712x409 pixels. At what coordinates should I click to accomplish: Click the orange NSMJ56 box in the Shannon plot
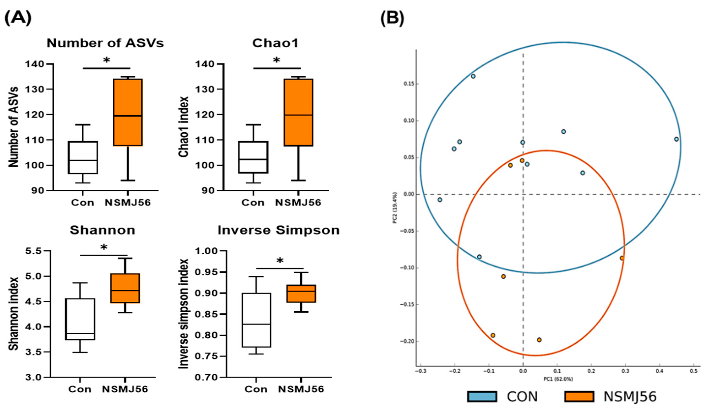coord(125,288)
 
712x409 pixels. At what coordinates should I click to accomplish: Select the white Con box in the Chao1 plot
coord(253,157)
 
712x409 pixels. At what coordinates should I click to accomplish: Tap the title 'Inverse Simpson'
coord(278,230)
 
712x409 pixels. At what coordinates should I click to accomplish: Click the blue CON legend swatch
coord(482,397)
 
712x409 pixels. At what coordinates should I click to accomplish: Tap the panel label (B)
coord(392,18)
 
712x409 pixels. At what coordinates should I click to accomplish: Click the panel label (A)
coord(18,18)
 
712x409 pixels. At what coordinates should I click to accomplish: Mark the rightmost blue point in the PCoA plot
coord(676,139)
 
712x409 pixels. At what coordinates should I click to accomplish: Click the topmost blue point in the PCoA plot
coord(473,76)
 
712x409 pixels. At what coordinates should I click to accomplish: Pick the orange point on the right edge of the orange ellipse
coord(622,258)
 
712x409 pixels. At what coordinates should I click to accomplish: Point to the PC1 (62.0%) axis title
coord(558,379)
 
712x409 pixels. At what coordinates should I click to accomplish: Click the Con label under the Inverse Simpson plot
coord(256,389)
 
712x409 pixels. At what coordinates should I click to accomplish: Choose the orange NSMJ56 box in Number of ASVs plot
coord(128,112)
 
